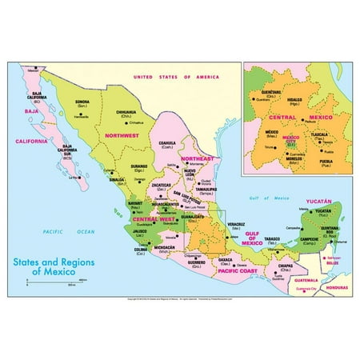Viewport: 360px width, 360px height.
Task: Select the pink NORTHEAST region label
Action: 198,158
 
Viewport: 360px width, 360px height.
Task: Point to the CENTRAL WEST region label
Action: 155,217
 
